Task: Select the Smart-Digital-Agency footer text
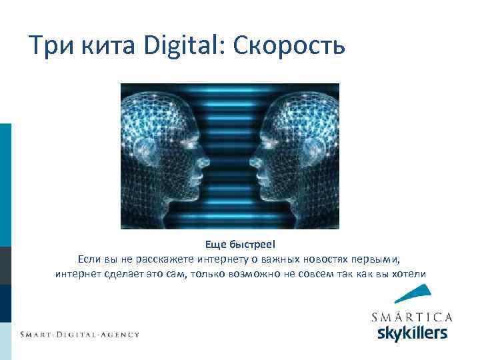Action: [79, 334]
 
